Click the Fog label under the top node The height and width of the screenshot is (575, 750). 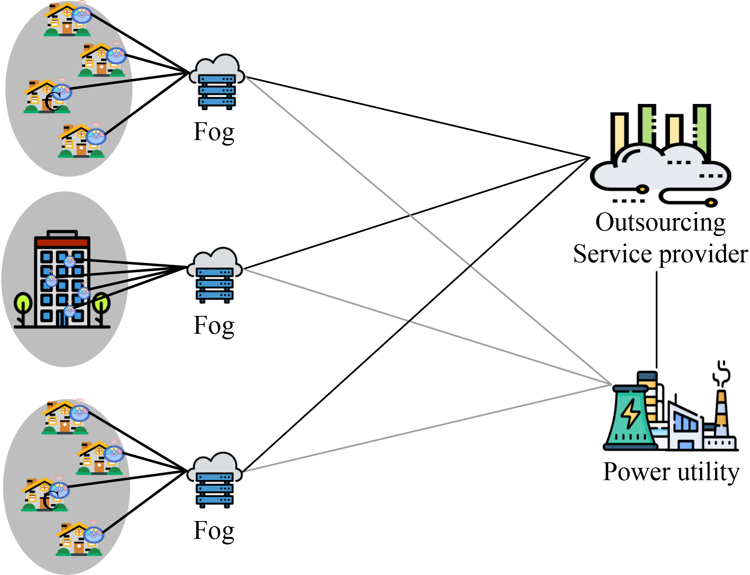point(214,133)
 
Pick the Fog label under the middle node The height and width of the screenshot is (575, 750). point(214,326)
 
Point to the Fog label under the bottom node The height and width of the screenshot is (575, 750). point(214,531)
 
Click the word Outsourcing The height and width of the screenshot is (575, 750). point(660,222)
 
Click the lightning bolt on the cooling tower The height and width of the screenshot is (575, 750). point(630,414)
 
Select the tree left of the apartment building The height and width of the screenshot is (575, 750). point(23,308)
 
